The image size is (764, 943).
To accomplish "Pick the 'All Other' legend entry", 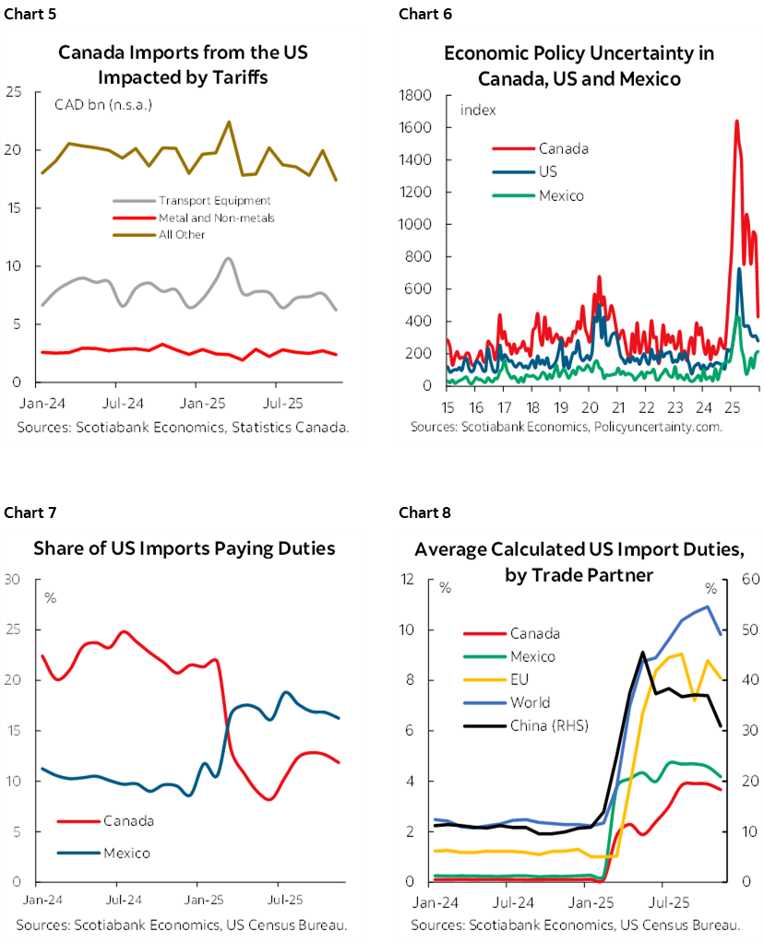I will pos(181,235).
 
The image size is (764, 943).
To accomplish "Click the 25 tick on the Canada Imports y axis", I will pos(14,92).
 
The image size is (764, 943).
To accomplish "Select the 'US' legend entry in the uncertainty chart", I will pos(547,171).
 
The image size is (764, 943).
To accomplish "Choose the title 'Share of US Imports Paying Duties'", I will pos(185,548).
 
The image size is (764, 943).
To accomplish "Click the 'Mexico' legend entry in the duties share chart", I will pos(127,853).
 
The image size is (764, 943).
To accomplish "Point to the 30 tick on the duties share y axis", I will pos(13,580).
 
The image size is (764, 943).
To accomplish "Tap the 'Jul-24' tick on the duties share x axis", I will pos(117,898).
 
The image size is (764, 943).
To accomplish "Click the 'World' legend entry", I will pos(530,702).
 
